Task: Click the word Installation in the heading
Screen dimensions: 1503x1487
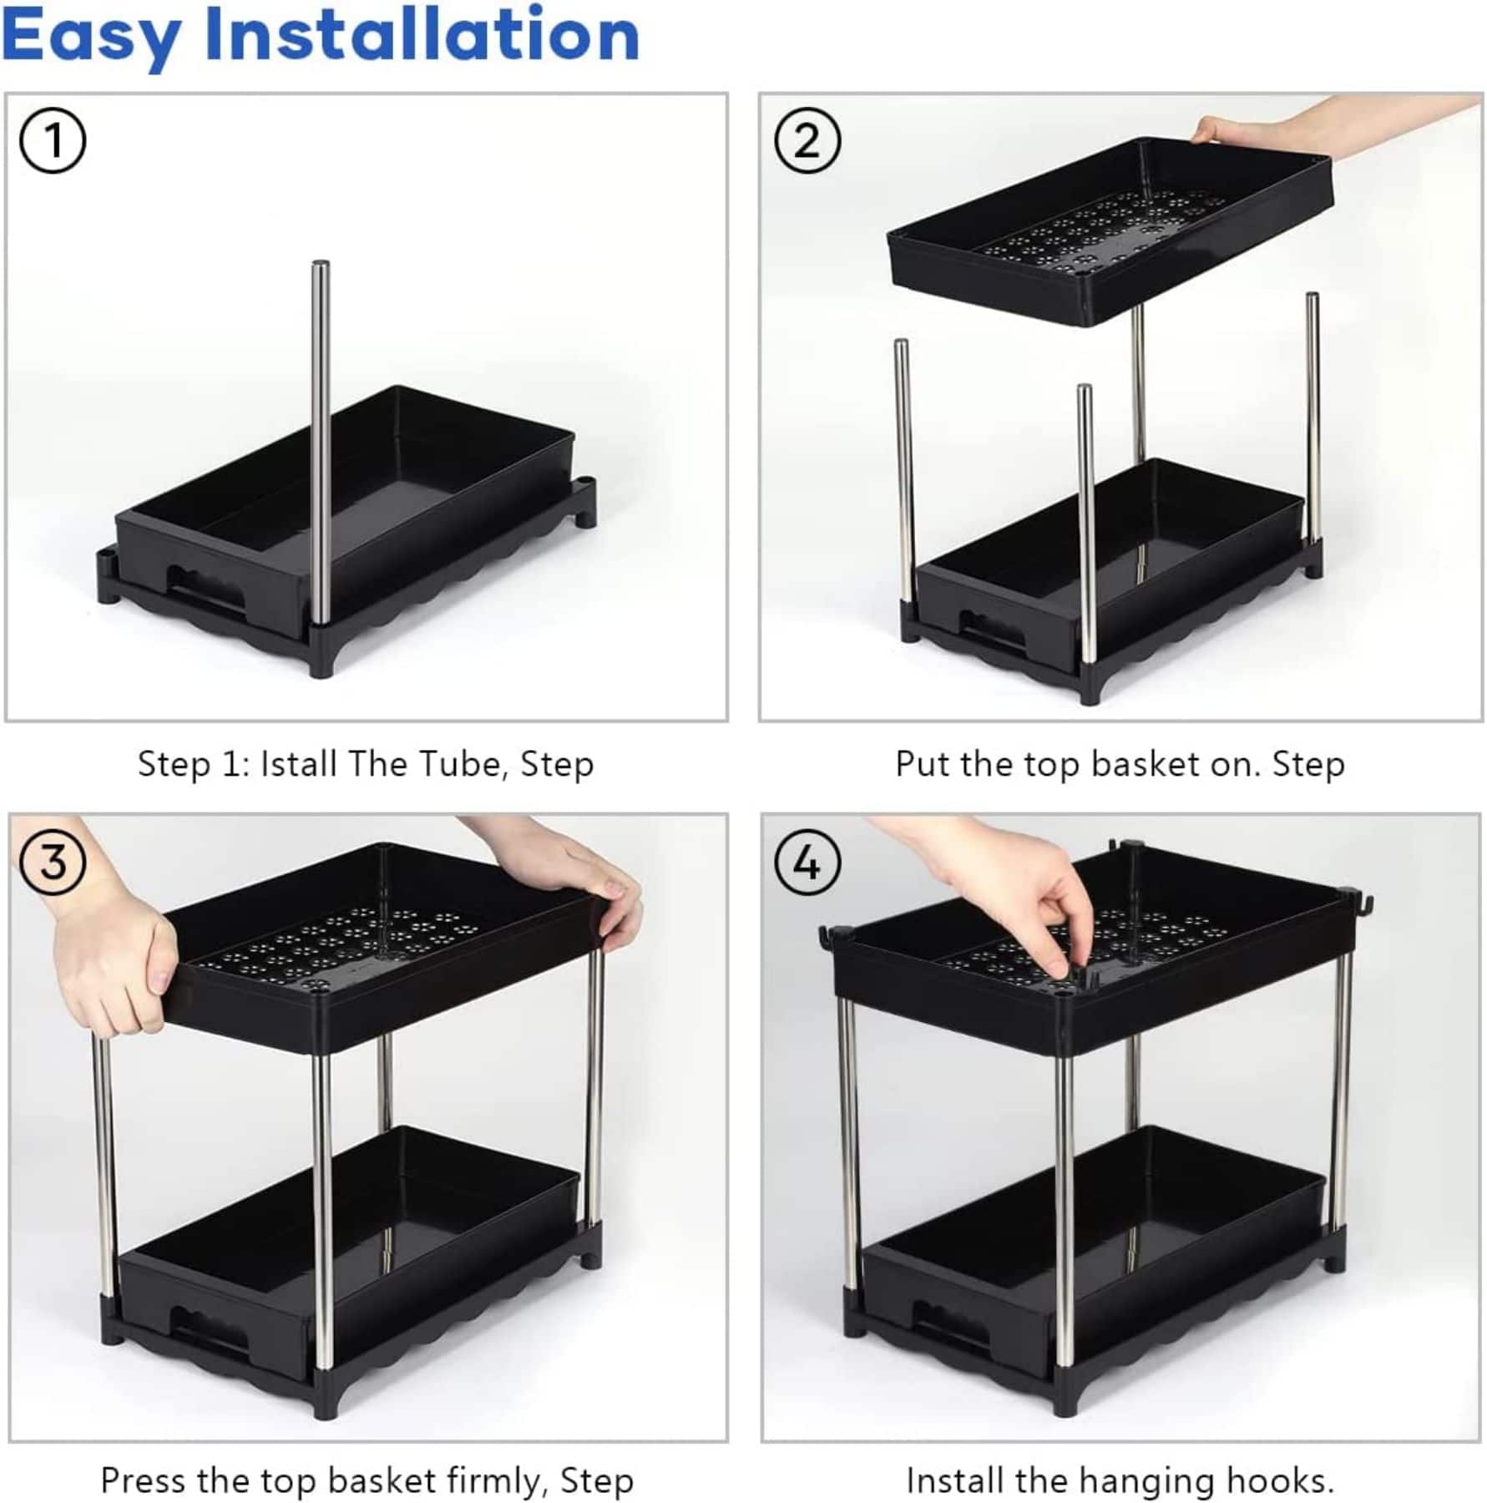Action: tap(422, 35)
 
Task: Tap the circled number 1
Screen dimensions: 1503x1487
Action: tap(53, 140)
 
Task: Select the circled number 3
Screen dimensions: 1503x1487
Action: tap(53, 862)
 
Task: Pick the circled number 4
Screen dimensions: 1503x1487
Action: tap(807, 863)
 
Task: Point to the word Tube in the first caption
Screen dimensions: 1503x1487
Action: tap(459, 764)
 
